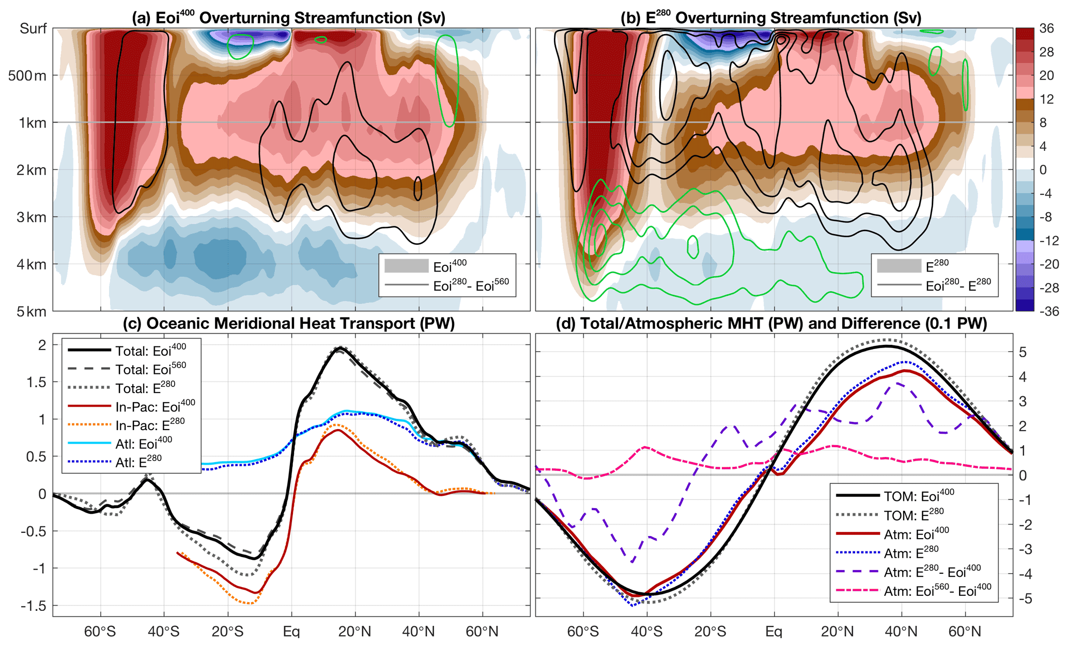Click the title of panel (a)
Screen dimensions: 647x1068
point(288,18)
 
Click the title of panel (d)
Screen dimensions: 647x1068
point(771,324)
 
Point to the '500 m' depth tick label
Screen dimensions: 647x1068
point(27,76)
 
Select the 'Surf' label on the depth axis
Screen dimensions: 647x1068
point(33,28)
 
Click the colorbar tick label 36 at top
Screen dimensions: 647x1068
point(1046,28)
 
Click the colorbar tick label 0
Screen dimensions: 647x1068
point(1042,170)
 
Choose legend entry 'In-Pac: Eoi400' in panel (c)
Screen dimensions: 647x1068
point(155,406)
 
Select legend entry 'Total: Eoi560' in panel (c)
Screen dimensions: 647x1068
point(150,369)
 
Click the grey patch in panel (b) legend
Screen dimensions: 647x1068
point(899,266)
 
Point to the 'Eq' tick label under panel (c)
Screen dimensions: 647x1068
point(291,632)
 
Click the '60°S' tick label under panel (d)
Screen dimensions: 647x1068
point(583,632)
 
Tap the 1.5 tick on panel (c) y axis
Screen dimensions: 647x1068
point(36,382)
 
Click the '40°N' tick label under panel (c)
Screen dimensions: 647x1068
point(419,632)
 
